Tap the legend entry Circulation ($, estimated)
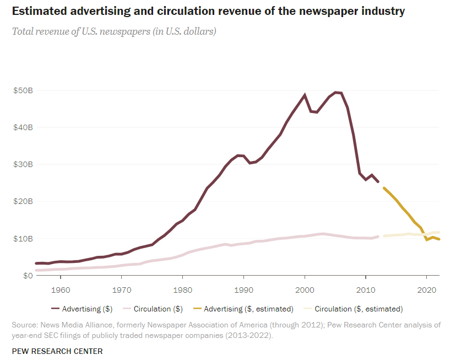tap(359, 309)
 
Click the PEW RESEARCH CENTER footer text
tap(57, 351)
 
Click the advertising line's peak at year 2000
tap(305, 95)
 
